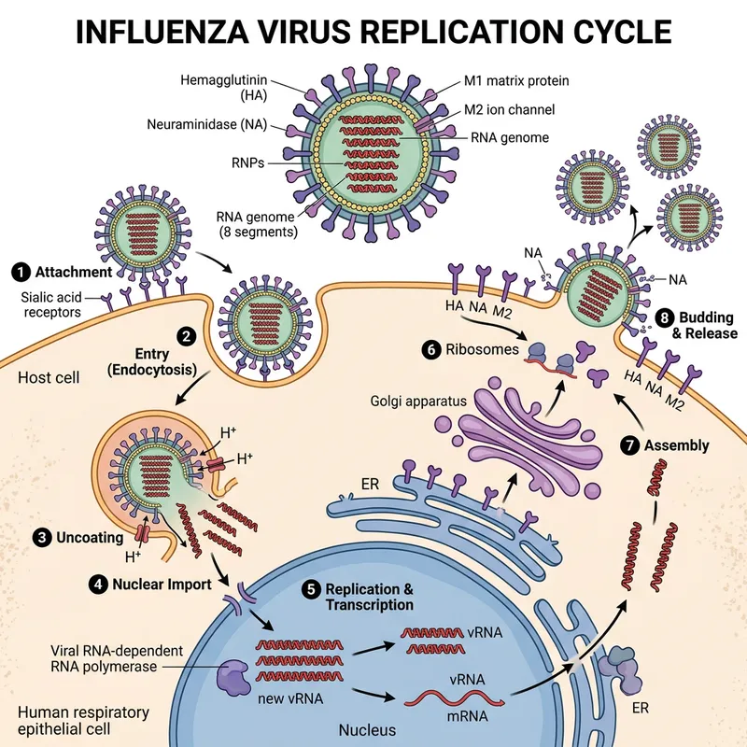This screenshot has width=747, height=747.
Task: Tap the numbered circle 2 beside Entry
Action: point(187,334)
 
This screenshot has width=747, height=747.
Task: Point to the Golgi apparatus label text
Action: point(417,402)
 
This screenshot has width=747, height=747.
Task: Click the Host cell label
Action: point(49,377)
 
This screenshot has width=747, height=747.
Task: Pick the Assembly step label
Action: point(676,445)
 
